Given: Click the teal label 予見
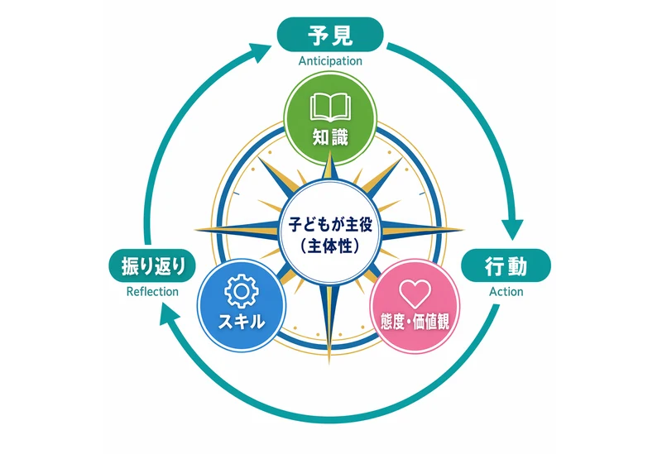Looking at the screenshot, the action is (x=329, y=35).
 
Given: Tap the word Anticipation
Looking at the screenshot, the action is (x=330, y=61).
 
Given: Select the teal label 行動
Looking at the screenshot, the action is (x=506, y=265).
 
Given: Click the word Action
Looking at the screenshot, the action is (x=506, y=292).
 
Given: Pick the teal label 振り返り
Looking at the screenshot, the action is (x=152, y=265).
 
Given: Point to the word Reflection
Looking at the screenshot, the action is (x=152, y=292).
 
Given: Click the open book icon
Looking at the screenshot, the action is (x=330, y=108).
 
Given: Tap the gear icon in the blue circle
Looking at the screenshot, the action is (x=242, y=291).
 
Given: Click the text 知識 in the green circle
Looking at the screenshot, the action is (x=330, y=137).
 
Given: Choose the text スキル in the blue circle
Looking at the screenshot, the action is (x=242, y=322).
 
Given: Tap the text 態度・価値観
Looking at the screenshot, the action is (x=415, y=322).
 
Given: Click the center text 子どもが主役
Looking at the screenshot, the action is (x=330, y=223).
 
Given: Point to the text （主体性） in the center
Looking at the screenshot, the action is (x=330, y=246).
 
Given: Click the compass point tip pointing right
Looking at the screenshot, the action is (x=463, y=230).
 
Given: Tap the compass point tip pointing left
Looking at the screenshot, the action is (x=195, y=230).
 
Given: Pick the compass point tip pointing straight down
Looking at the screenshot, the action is (x=329, y=364).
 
